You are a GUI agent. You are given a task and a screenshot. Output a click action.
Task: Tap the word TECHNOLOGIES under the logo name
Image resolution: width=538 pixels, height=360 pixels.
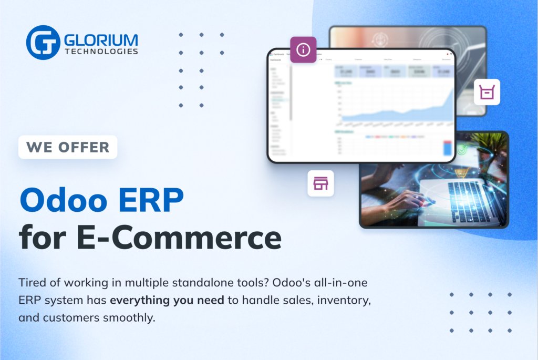101,52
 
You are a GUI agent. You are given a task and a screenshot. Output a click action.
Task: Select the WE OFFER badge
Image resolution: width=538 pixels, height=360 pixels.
68,147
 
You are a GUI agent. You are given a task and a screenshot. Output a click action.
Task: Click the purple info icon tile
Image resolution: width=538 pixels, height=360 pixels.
303,50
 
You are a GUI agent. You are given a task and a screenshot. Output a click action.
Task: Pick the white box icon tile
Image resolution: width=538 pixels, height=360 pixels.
487,92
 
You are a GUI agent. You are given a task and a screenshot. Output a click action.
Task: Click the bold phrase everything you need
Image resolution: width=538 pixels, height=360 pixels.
174,301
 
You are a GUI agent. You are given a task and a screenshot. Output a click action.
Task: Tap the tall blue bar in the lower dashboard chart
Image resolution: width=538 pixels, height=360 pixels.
447,148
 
